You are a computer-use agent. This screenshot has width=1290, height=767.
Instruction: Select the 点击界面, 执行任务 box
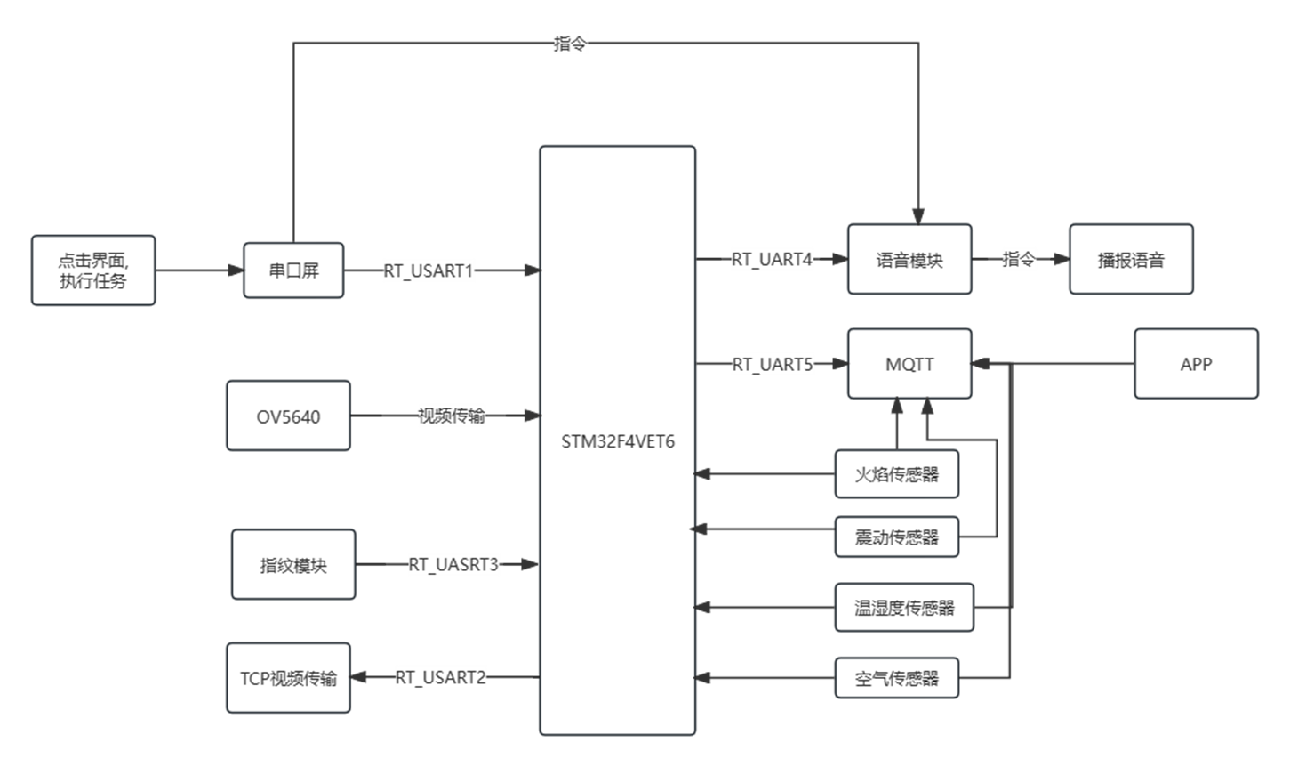pos(93,270)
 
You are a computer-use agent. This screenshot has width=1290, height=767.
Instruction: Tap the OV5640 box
pos(289,416)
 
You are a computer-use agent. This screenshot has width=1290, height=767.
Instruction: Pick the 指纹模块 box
pos(293,565)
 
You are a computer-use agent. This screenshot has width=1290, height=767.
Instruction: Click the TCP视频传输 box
pos(289,678)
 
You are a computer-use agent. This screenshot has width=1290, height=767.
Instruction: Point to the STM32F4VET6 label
pos(618,441)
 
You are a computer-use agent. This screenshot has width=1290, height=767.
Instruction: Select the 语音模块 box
pos(909,260)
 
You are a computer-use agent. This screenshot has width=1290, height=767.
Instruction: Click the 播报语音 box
pos(1131,260)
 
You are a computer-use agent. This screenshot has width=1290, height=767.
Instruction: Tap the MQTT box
pos(909,364)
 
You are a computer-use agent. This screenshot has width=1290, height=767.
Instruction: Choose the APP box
pos(1196,364)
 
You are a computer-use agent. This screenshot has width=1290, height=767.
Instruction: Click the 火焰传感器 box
pos(897,474)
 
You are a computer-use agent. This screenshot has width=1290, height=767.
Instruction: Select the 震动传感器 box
pos(897,537)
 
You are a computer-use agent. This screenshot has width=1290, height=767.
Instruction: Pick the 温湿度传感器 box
pos(904,608)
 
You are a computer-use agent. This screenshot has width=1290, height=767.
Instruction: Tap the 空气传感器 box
pos(897,679)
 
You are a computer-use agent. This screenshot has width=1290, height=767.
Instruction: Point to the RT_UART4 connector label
pos(773,260)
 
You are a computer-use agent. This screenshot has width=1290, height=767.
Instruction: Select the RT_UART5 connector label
pos(773,364)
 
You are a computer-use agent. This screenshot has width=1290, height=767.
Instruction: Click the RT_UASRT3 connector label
pos(454,564)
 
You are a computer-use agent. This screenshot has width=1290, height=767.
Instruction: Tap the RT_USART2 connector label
pos(441,678)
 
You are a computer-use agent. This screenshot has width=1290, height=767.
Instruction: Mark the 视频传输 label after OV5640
pos(453,416)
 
